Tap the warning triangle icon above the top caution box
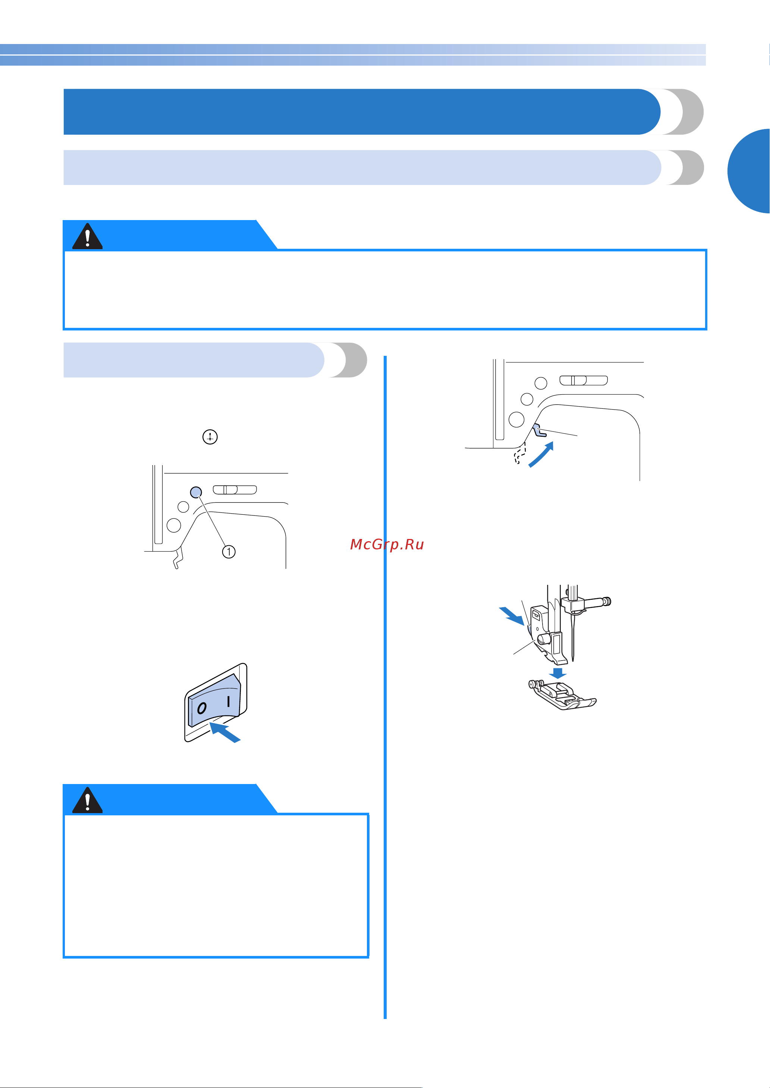(x=87, y=236)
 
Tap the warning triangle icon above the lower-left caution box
(x=87, y=800)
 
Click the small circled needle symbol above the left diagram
(x=210, y=437)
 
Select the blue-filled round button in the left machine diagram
(x=196, y=492)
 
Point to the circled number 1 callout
(x=229, y=552)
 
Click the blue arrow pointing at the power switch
(x=225, y=732)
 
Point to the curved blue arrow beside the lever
(x=541, y=454)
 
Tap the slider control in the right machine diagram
(x=584, y=380)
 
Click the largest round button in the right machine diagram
(x=516, y=419)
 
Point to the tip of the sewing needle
(x=573, y=661)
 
